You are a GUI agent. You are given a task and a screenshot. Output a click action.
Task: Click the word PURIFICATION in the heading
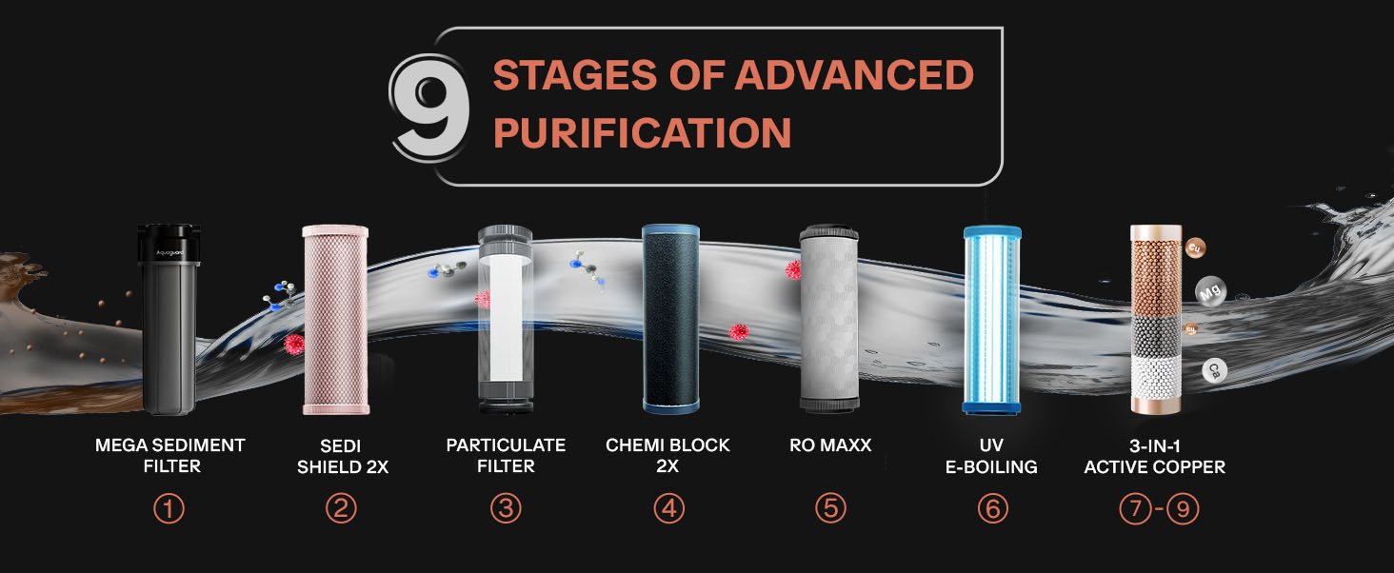tap(642, 132)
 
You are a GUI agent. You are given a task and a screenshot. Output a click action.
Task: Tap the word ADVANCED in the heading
tap(854, 74)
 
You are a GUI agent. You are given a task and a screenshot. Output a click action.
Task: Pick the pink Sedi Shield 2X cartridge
tap(335, 320)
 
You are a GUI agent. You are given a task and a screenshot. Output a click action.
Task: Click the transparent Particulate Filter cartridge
tap(506, 319)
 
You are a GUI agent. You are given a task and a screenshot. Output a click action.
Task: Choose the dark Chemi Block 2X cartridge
tap(671, 319)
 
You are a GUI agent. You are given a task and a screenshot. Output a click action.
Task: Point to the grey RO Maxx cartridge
tap(829, 319)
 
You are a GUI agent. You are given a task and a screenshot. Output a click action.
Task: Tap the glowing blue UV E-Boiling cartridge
tap(992, 320)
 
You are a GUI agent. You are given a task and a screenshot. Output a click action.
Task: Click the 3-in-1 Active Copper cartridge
tap(1156, 319)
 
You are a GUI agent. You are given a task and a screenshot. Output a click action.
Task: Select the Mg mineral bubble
tap(1210, 291)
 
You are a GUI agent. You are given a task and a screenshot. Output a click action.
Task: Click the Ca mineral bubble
tap(1214, 371)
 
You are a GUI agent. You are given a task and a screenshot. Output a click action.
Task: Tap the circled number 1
tap(169, 509)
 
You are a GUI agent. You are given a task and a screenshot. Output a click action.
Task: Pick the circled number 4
tap(669, 509)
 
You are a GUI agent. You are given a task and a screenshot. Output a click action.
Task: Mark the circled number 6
tap(992, 509)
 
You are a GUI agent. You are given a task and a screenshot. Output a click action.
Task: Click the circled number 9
tap(1183, 509)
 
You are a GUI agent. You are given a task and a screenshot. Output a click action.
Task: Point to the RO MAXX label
tap(830, 445)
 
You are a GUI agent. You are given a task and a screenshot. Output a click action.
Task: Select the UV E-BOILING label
tap(991, 456)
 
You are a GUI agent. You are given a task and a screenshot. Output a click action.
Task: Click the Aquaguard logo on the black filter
tap(169, 252)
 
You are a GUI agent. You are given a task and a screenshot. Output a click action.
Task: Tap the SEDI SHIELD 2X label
tap(342, 456)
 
